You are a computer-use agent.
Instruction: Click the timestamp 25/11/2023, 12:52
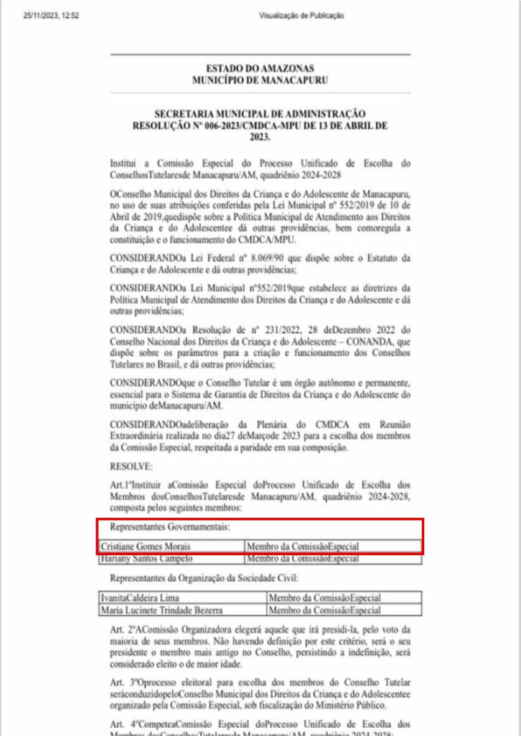50,15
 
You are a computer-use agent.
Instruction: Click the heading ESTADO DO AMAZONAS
260,69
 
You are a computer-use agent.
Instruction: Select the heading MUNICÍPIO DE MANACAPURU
260,80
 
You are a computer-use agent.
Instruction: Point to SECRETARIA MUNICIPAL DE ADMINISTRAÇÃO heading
260,114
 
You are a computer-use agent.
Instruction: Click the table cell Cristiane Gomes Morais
144,547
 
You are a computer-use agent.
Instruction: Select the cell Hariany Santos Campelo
142,558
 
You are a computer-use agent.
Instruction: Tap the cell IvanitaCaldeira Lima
141,597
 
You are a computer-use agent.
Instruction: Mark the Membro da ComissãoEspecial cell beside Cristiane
303,547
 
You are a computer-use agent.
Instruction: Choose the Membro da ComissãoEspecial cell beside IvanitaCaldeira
324,597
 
